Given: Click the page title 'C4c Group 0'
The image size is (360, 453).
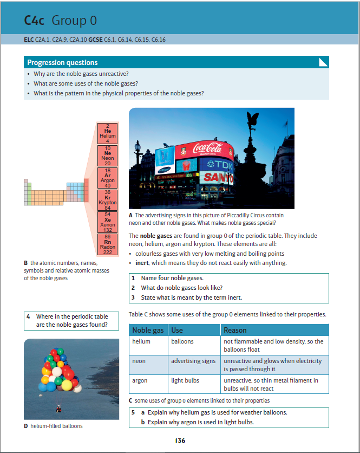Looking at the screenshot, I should tap(61, 21).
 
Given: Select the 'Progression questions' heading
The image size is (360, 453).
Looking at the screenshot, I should tap(62, 62).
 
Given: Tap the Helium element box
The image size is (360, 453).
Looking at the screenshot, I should tap(107, 133).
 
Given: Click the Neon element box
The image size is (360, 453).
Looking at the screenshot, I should tap(107, 155).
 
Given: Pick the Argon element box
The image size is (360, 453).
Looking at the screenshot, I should tap(107, 177).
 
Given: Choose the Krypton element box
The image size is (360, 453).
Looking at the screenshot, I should tap(107, 200).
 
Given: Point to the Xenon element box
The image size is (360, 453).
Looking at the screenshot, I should tap(107, 222).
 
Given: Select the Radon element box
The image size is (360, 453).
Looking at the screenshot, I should tap(107, 244).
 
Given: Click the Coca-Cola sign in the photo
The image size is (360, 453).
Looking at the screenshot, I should tap(207, 147).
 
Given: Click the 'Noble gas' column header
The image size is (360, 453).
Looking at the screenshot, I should tap(149, 330).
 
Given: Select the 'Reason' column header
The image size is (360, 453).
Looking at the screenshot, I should tap(235, 330).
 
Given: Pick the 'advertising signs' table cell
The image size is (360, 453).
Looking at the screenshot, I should tap(193, 361).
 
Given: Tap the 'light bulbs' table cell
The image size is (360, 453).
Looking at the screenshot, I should tap(185, 380).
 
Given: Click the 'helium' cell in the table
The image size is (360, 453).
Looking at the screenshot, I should tap(141, 341).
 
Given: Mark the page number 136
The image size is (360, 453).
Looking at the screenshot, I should tap(180, 441).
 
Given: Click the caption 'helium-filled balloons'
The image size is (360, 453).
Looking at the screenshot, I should tap(53, 426).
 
